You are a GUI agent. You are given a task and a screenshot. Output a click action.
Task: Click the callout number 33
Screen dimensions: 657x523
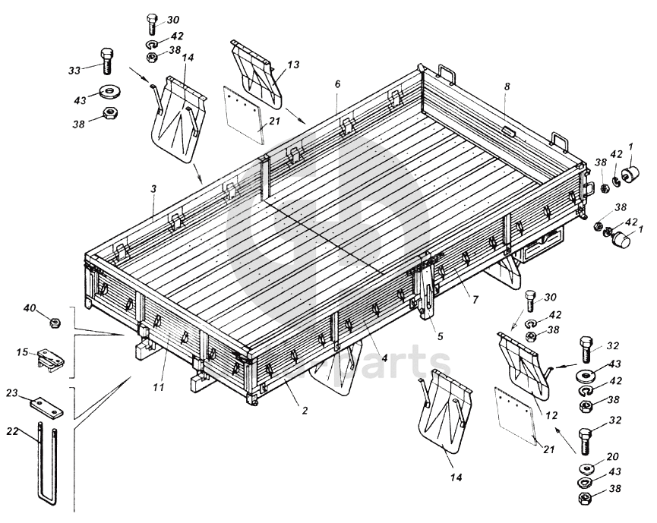pyautogui.click(x=74, y=71)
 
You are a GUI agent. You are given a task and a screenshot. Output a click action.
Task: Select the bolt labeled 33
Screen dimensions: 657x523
pyautogui.click(x=106, y=58)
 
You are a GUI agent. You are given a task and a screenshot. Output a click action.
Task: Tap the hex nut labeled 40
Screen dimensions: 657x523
pyautogui.click(x=54, y=323)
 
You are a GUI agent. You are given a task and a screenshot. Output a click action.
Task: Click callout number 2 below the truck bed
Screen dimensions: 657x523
pyautogui.click(x=305, y=411)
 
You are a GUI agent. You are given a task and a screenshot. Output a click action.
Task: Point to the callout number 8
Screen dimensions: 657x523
pyautogui.click(x=507, y=87)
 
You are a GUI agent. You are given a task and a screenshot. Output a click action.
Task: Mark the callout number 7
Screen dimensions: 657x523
pyautogui.click(x=475, y=299)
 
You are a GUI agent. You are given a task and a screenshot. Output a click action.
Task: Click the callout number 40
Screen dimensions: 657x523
pyautogui.click(x=30, y=308)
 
